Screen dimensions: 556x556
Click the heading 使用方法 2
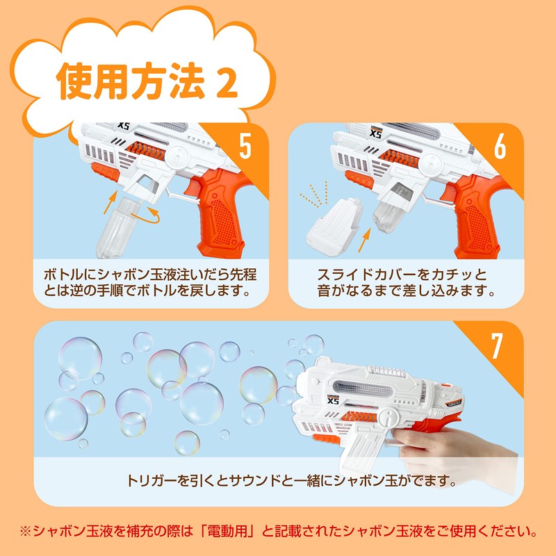[147, 81]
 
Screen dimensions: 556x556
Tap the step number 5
[245, 146]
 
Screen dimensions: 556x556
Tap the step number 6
[500, 146]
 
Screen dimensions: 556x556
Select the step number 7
[497, 345]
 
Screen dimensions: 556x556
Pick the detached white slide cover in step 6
[334, 227]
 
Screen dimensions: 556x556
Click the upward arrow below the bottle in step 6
[364, 240]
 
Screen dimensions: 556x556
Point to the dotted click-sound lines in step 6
[314, 195]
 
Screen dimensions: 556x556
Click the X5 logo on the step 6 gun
[375, 133]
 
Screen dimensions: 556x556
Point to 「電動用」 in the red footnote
[227, 531]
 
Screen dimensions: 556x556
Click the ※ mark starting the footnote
[26, 531]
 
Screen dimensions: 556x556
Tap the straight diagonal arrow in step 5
[111, 202]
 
